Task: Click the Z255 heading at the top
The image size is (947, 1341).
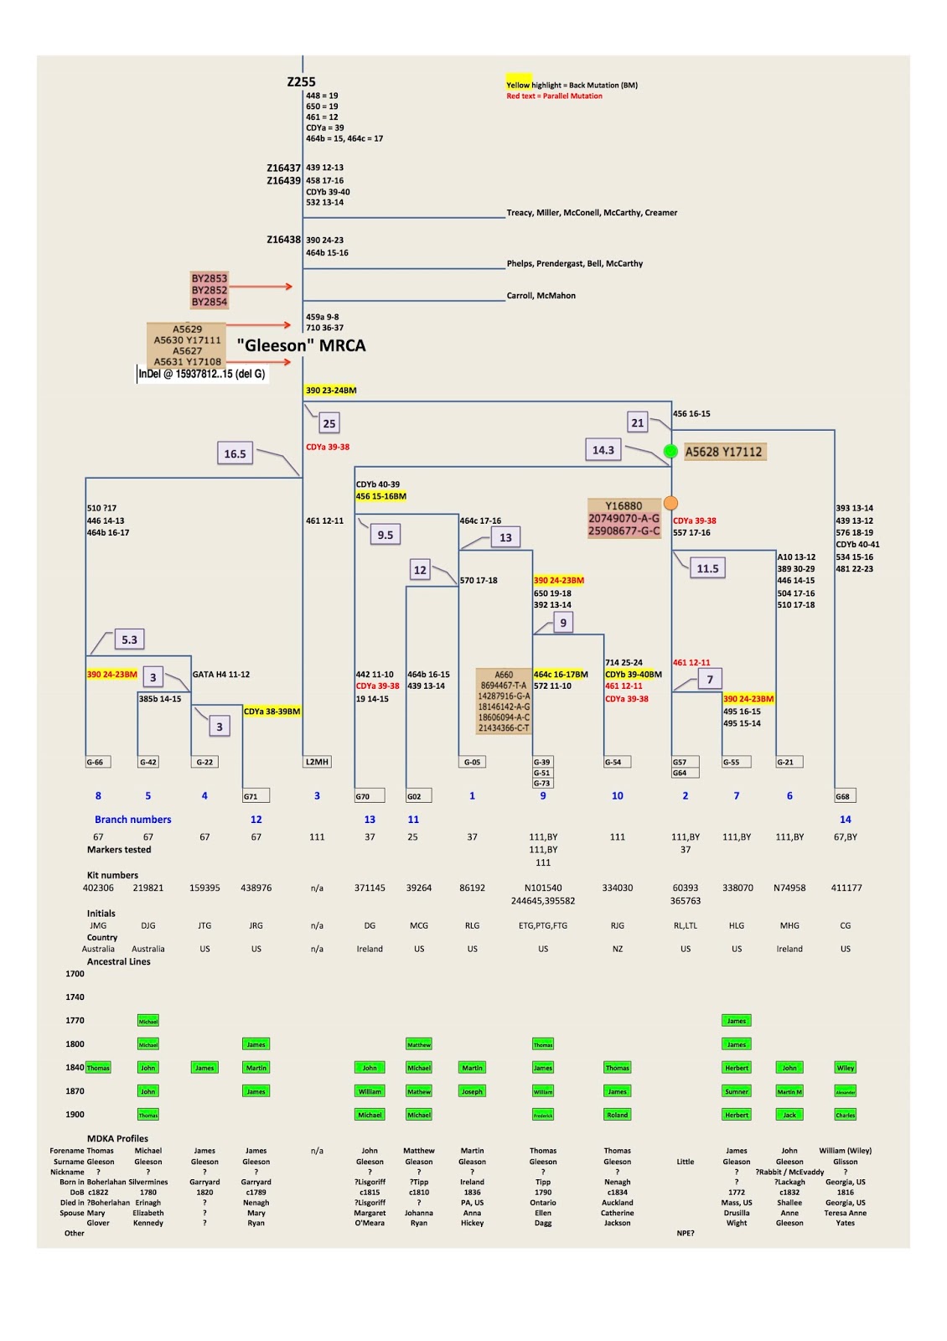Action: [x=301, y=81]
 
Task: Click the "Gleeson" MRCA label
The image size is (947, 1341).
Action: [x=301, y=345]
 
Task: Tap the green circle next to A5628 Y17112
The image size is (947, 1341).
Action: [x=670, y=451]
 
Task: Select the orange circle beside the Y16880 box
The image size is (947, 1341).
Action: [x=670, y=503]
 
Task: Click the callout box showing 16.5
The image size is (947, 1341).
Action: [x=235, y=453]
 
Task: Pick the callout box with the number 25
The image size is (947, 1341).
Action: [x=329, y=423]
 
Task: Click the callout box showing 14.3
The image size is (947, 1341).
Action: [x=603, y=450]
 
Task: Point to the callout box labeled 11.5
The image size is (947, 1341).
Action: [x=707, y=568]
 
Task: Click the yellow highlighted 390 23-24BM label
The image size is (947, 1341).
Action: [x=331, y=391]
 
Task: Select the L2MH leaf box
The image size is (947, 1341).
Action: [x=317, y=762]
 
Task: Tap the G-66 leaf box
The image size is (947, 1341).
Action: [x=97, y=762]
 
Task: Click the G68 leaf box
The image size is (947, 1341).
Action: [x=845, y=796]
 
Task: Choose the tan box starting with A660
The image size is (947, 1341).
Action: [x=504, y=701]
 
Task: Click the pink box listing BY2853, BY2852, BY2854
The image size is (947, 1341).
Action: [x=210, y=290]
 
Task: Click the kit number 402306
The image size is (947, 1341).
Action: [x=98, y=888]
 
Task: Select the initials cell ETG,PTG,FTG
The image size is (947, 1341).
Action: [x=543, y=925]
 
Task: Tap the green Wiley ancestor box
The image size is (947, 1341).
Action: [x=845, y=1068]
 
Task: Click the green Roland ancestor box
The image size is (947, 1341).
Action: [x=617, y=1115]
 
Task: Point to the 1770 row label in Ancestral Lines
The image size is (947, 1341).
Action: [x=75, y=1020]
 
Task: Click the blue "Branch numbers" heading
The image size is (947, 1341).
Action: [x=132, y=820]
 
